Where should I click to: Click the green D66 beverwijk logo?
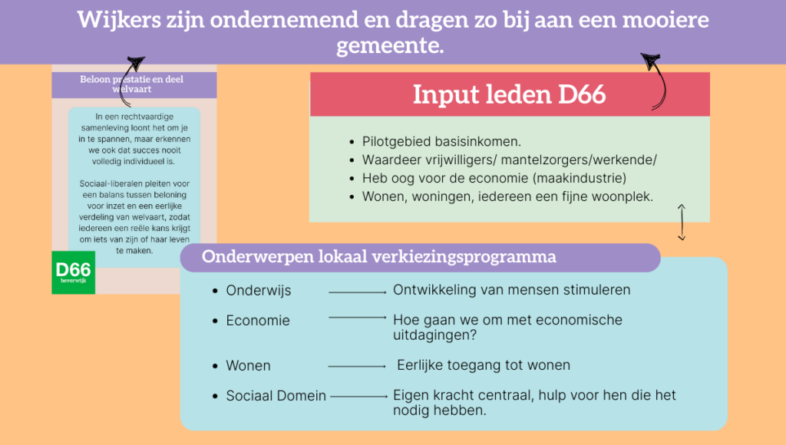(x=73, y=272)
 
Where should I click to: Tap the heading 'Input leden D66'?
(x=510, y=94)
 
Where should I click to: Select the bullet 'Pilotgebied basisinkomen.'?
(x=441, y=141)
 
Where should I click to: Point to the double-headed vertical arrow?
(x=682, y=222)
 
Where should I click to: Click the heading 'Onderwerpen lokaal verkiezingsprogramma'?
(x=379, y=256)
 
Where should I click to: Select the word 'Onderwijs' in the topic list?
(x=259, y=291)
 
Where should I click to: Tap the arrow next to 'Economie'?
(x=358, y=317)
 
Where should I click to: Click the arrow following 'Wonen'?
(x=357, y=366)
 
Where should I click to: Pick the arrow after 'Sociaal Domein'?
(x=359, y=397)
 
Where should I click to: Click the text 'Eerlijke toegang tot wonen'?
(x=484, y=364)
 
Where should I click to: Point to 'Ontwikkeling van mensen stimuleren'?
(x=512, y=290)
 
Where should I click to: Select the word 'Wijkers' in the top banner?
(x=119, y=21)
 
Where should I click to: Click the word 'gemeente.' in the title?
(x=390, y=46)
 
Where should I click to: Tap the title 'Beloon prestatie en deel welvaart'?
(x=132, y=84)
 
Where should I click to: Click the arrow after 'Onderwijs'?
(x=358, y=292)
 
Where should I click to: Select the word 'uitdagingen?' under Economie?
(x=434, y=335)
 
